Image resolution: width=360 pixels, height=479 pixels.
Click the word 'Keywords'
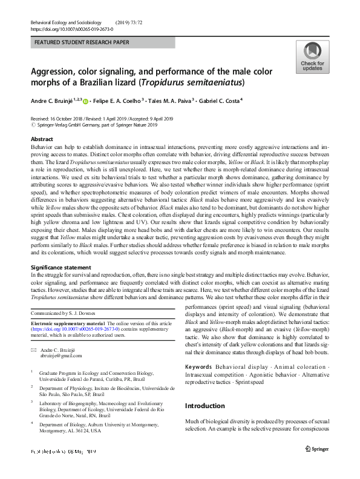198,368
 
